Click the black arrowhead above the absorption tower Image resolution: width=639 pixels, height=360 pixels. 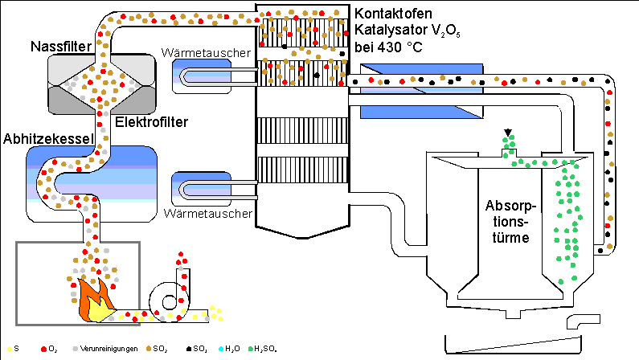(507, 133)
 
